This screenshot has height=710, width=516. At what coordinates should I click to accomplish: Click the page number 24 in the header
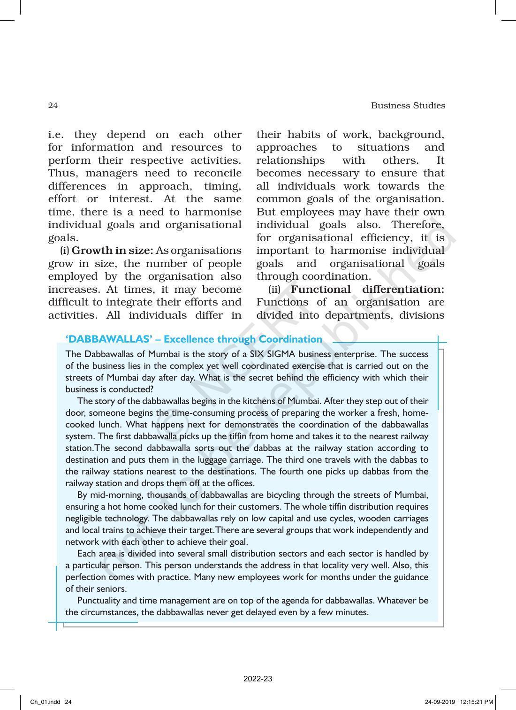point(53,106)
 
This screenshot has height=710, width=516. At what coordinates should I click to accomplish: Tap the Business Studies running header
point(408,106)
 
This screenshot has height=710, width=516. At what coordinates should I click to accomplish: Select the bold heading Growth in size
point(113,251)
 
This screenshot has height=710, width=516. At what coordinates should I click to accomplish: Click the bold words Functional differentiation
point(367,289)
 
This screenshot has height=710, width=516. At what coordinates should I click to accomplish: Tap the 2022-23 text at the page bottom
point(258,679)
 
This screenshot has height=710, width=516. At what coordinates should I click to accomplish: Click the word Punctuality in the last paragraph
point(99,600)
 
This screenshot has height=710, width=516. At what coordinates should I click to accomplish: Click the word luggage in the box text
point(212,459)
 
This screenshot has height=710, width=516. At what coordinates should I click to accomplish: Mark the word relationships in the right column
point(290,160)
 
